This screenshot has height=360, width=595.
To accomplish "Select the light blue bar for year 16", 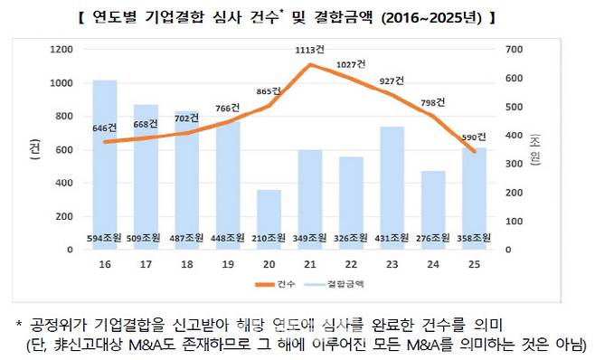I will (x=105, y=163).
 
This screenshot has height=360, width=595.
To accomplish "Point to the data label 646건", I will (x=106, y=128).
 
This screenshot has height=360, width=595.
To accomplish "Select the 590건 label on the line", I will (x=473, y=137).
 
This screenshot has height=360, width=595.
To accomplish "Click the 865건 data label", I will (x=269, y=91).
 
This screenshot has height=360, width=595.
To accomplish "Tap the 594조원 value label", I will (x=105, y=238).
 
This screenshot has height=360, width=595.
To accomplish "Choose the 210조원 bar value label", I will (x=269, y=238).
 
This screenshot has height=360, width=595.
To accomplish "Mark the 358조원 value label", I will (x=473, y=238).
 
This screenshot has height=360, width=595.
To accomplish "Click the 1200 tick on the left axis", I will (x=61, y=49).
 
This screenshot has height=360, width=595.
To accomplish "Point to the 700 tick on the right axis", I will (x=512, y=49).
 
